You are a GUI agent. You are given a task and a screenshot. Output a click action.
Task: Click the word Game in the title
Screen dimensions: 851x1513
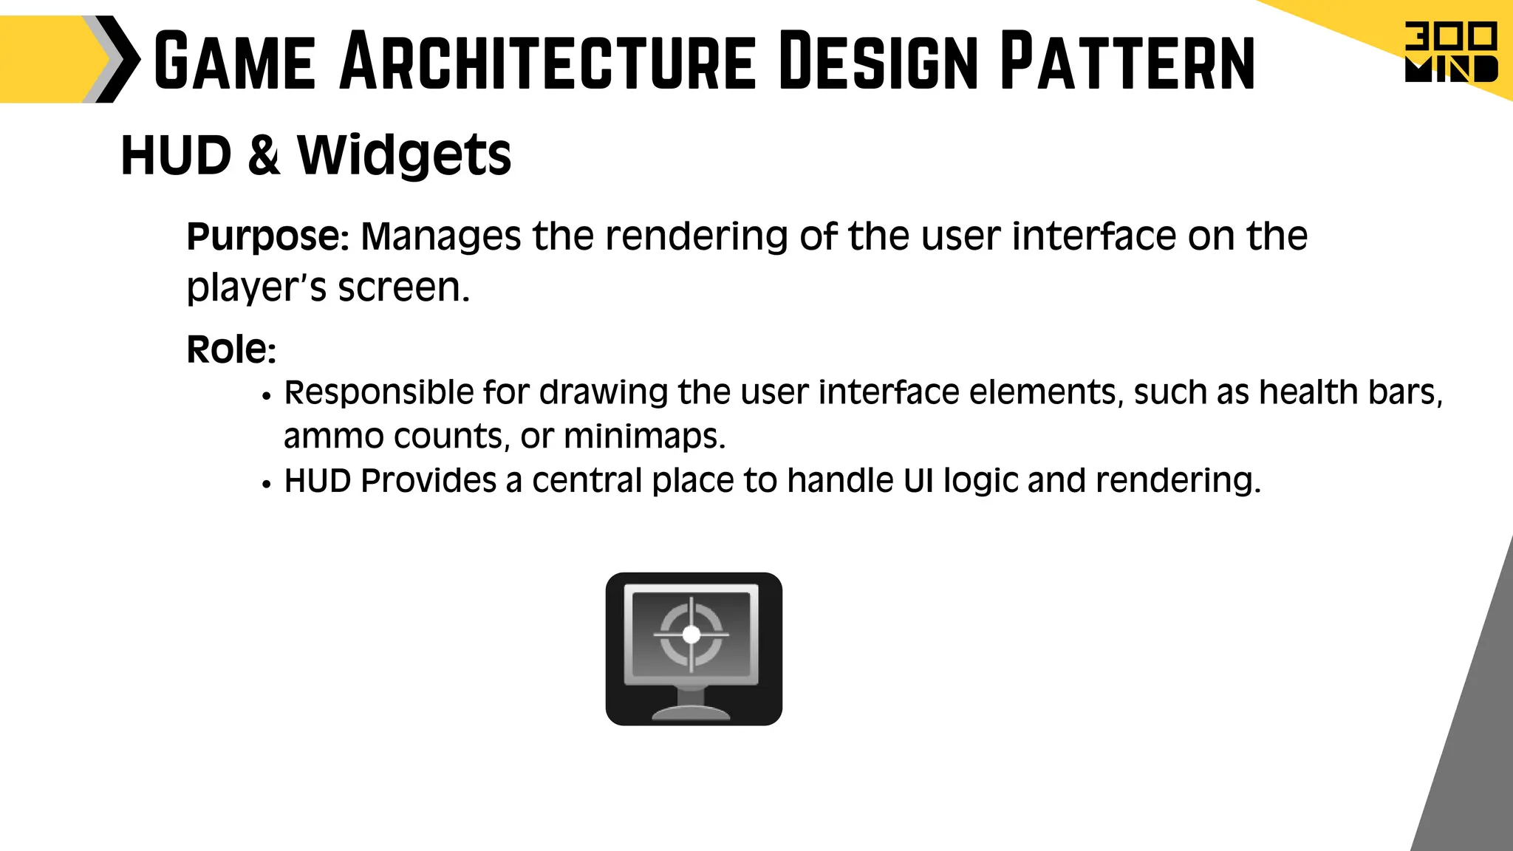(x=235, y=61)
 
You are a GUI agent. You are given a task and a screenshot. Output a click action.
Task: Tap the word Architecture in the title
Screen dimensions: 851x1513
(x=548, y=61)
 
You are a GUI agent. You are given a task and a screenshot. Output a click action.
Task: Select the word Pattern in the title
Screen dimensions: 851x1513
(x=1127, y=61)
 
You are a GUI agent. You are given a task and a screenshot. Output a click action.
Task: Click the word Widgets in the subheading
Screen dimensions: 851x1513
(x=404, y=155)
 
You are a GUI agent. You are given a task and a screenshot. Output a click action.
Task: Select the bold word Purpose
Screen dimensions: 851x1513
(x=264, y=236)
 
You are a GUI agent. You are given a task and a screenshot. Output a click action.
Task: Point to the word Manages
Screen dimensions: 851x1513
(x=440, y=236)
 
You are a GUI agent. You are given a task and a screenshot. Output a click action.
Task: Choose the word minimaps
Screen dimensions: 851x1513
(x=644, y=437)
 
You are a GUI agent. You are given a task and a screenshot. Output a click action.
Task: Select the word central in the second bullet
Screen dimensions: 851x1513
(x=587, y=481)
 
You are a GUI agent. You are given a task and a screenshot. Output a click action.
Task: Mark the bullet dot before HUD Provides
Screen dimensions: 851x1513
(x=267, y=485)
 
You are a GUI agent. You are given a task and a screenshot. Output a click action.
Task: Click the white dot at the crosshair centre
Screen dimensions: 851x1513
(x=691, y=635)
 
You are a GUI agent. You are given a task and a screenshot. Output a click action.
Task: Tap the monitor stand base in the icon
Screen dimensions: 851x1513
(x=691, y=712)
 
